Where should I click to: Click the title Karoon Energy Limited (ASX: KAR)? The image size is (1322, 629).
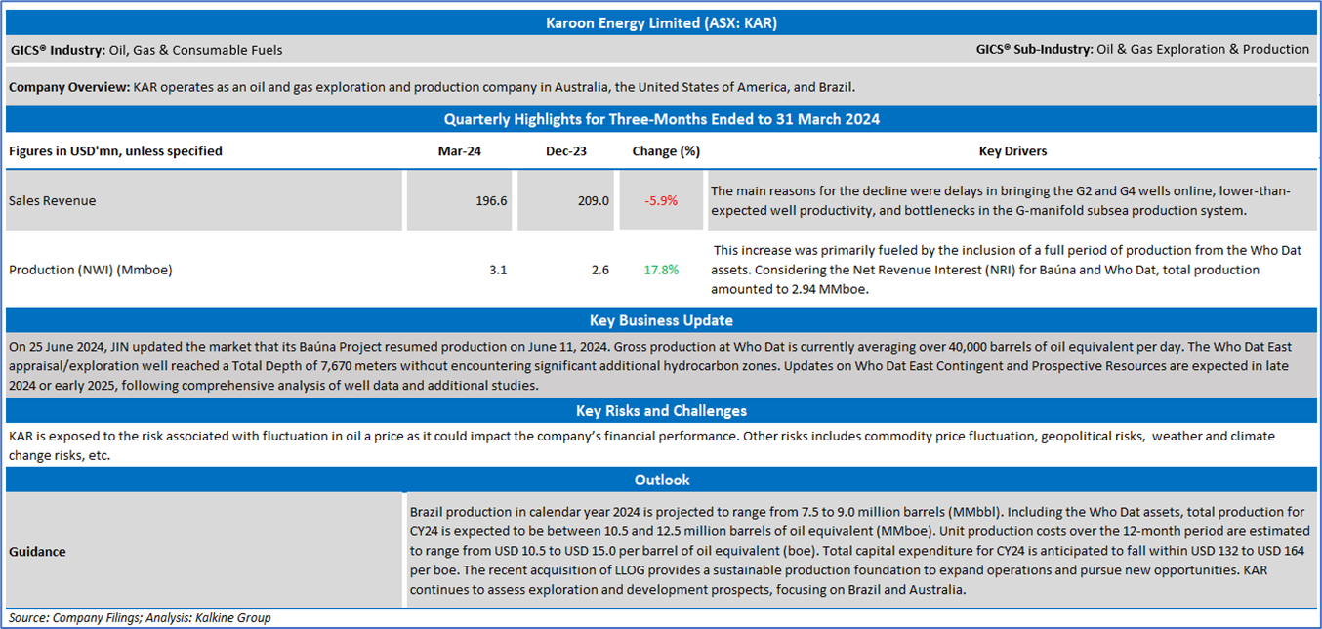click(661, 22)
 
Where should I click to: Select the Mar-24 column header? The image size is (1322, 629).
click(459, 151)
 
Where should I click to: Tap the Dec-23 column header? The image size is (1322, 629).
click(566, 151)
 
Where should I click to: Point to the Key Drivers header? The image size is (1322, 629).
click(1012, 151)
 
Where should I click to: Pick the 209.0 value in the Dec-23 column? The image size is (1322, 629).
click(594, 200)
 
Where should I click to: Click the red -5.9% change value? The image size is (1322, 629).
click(661, 200)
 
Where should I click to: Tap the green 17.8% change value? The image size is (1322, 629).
click(661, 270)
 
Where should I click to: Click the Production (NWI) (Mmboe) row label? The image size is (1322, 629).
click(90, 270)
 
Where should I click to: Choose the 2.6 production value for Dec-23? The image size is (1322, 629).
click(600, 270)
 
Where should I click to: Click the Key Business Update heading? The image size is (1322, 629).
click(661, 320)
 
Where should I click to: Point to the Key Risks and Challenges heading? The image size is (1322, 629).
click(661, 411)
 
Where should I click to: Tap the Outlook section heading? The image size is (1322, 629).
click(661, 480)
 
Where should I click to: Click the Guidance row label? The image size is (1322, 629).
click(37, 552)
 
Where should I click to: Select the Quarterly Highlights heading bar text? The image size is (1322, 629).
click(661, 119)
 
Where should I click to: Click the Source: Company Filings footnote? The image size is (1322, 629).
click(140, 618)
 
